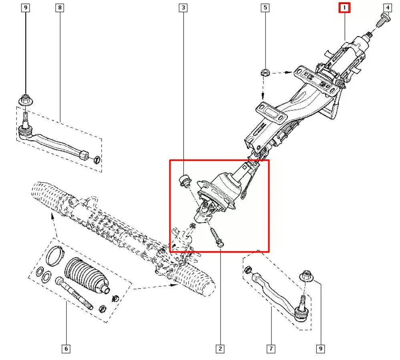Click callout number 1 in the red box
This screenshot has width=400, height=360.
pyautogui.click(x=344, y=7)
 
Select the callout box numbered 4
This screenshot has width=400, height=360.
pyautogui.click(x=387, y=7)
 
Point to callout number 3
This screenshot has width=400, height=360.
pyautogui.click(x=183, y=7)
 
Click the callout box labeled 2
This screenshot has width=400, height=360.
pyautogui.click(x=219, y=349)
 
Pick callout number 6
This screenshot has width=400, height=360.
pyautogui.click(x=66, y=349)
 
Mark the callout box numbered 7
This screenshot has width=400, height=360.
pyautogui.click(x=271, y=349)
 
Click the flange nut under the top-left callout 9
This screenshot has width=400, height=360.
pyautogui.click(x=26, y=99)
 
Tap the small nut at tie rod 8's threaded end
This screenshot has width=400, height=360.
pyautogui.click(x=96, y=161)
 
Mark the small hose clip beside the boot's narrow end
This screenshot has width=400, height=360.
pyautogui.click(x=115, y=298)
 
